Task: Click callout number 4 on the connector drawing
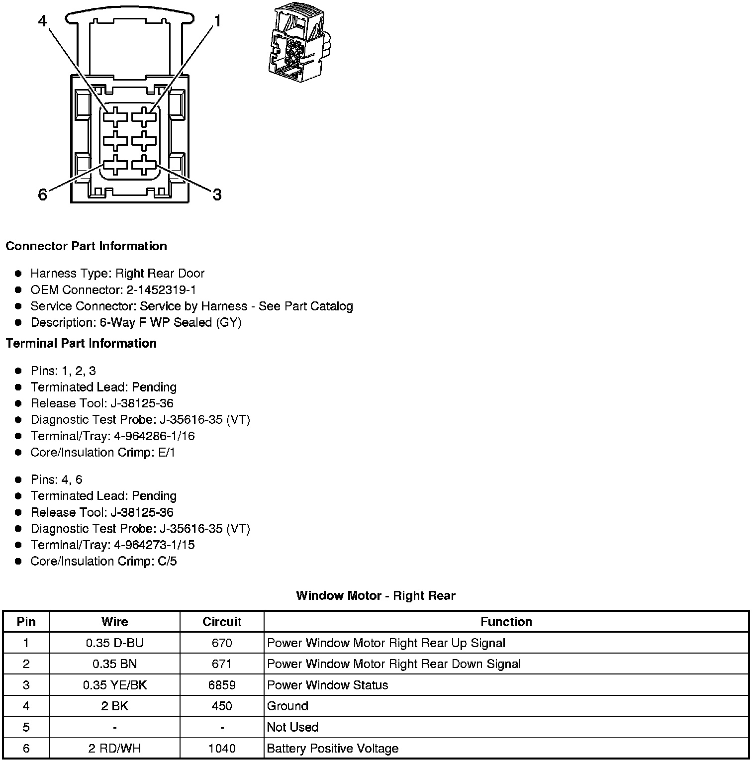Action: (42, 21)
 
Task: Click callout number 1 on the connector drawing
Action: (217, 21)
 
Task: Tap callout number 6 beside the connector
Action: (43, 194)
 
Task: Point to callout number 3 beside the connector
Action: (217, 194)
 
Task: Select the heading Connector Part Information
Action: (86, 246)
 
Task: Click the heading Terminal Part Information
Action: (81, 343)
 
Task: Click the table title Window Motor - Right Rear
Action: (376, 595)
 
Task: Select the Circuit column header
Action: (222, 622)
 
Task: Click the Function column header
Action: (506, 622)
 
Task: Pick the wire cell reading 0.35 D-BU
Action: (114, 643)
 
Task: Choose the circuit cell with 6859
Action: (222, 685)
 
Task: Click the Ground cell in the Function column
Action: (287, 706)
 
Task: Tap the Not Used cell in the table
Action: (292, 727)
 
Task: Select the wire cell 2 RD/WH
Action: (114, 748)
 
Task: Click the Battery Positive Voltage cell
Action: (333, 748)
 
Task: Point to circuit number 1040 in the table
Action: (222, 748)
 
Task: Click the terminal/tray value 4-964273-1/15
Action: (154, 545)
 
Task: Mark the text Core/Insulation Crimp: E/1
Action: (103, 452)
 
